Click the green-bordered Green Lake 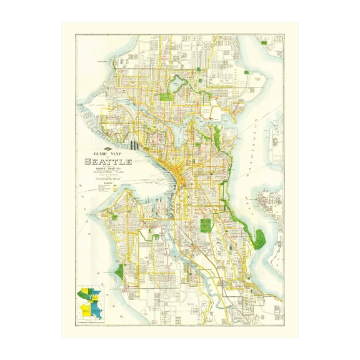point(180,81)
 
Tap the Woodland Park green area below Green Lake point(167,96)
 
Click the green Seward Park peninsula point(259,238)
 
